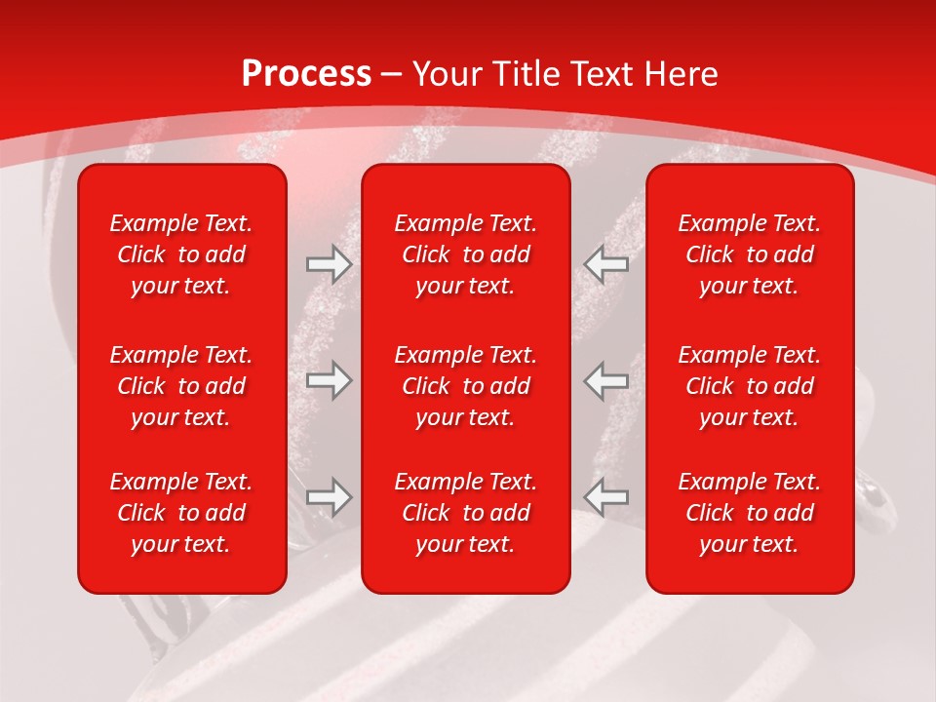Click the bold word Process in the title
[x=306, y=74]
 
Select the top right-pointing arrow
[x=329, y=264]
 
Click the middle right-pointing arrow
[x=329, y=379]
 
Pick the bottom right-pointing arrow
[x=329, y=497]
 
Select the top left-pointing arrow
[x=606, y=264]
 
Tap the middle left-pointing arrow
[x=606, y=379]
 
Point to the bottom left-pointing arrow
[x=606, y=497]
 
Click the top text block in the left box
[x=181, y=254]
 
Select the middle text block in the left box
[x=181, y=386]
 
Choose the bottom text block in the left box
[x=181, y=513]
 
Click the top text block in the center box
[x=465, y=254]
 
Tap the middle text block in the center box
[x=465, y=386]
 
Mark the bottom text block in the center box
[x=465, y=513]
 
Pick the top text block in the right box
[x=749, y=254]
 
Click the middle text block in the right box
[x=749, y=386]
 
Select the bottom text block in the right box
[x=749, y=513]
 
